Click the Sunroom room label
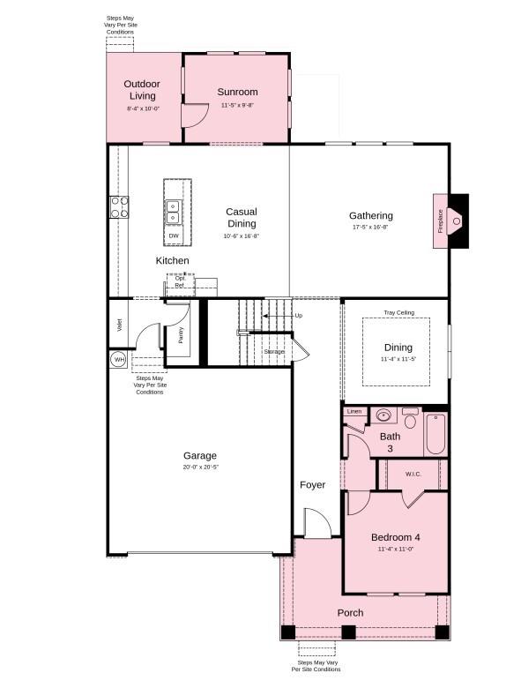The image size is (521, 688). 237,92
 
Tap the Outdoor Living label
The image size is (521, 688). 142,90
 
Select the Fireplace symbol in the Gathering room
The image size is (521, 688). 456,220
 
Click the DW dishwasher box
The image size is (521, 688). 174,236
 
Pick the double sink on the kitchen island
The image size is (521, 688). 173,212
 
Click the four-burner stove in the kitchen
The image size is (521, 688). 118,207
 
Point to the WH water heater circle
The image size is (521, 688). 118,359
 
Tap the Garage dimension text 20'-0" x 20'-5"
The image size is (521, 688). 199,467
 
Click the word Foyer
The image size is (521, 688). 312,485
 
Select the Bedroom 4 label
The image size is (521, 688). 395,537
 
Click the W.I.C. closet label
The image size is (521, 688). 413,475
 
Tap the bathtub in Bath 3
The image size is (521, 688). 435,432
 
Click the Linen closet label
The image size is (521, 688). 354,411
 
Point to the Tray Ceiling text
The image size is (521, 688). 398,312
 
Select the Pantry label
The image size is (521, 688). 181,334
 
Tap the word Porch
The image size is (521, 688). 350,613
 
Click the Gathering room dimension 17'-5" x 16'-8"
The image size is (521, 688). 370,228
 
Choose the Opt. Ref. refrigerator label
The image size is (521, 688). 179,282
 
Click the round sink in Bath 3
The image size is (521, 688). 383,414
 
